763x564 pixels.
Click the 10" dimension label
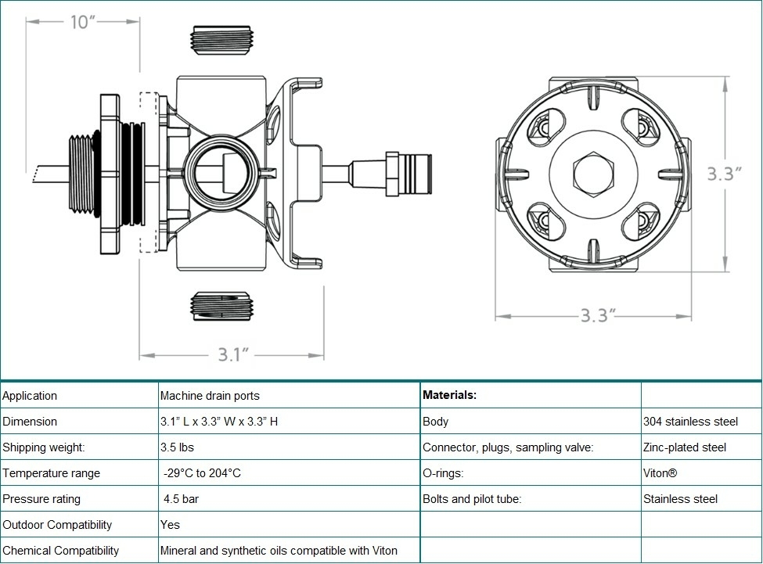click(x=82, y=22)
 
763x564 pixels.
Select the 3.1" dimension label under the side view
click(x=233, y=355)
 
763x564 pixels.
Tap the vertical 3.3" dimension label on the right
click(x=724, y=174)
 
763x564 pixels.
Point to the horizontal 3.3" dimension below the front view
click(x=599, y=315)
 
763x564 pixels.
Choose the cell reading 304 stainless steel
click(x=690, y=422)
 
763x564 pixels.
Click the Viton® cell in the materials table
click(x=660, y=473)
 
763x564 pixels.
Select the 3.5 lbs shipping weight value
click(x=177, y=447)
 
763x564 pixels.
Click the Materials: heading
click(x=449, y=395)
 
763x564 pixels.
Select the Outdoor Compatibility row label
click(x=57, y=525)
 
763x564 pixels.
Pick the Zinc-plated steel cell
click(x=685, y=447)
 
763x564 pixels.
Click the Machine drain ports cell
click(x=210, y=396)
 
